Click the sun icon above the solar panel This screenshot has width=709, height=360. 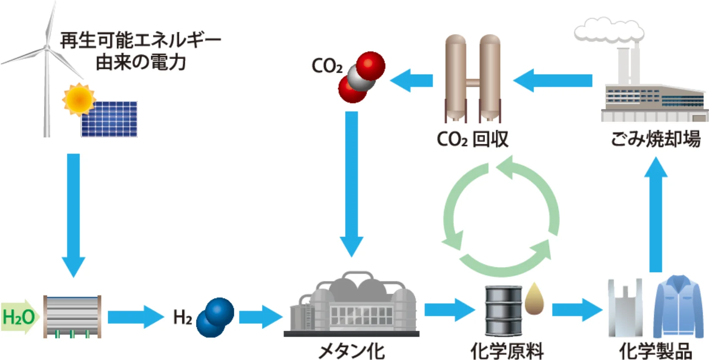[78, 99]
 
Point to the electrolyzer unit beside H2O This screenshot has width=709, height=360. [72, 317]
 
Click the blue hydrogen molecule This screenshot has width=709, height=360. [215, 317]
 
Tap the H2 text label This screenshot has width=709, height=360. [182, 317]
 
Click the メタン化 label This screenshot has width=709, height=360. [351, 351]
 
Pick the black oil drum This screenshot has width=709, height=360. [504, 311]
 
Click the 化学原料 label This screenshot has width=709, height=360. [507, 351]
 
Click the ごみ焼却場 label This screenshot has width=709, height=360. [655, 139]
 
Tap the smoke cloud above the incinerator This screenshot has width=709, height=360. [608, 30]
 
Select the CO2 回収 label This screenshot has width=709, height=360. [472, 139]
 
